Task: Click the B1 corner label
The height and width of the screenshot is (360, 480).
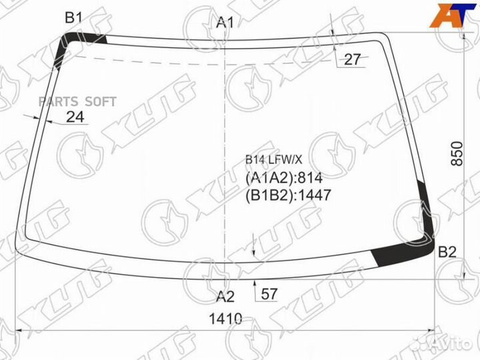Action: (x=73, y=18)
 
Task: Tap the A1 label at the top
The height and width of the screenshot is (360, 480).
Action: (x=225, y=23)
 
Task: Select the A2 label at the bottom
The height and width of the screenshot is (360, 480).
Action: (x=225, y=297)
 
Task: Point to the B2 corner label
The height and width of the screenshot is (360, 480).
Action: (x=447, y=252)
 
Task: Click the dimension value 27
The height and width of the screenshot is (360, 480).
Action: (x=353, y=59)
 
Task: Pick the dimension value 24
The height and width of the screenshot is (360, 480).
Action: (x=75, y=117)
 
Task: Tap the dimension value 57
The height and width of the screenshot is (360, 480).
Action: (x=269, y=294)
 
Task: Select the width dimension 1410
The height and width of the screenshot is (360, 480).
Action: (x=225, y=319)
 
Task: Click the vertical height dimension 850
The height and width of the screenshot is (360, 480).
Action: (x=457, y=154)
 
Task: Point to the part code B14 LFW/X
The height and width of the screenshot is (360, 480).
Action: (x=273, y=159)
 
